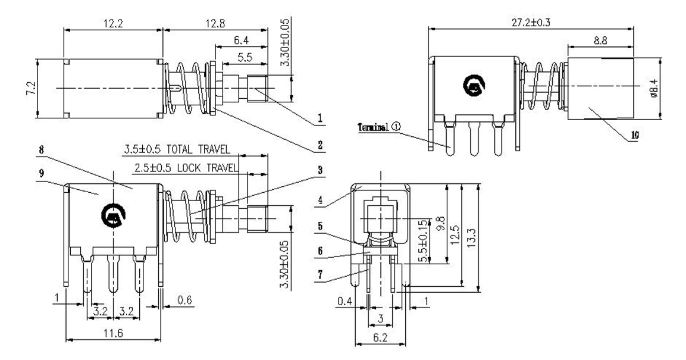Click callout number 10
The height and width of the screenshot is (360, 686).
(x=634, y=135)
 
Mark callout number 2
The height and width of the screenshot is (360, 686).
(x=320, y=145)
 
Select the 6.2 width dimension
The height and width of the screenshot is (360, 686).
(x=380, y=337)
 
